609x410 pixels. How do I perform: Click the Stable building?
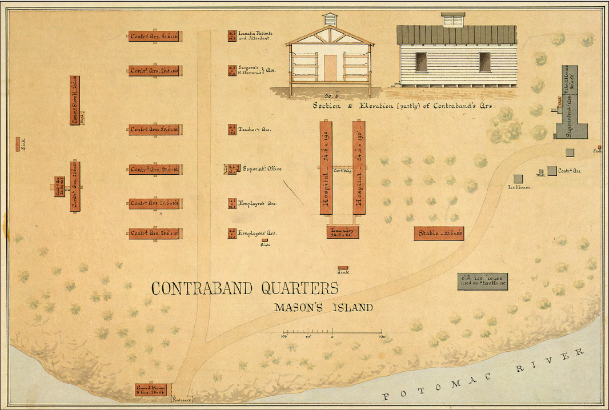(439, 233)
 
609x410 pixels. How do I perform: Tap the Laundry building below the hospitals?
(343, 231)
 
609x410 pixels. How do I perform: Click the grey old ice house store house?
(482, 281)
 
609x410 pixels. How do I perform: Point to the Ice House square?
(518, 179)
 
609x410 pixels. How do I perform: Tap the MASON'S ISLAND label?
(323, 308)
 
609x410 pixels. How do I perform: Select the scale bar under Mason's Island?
(332, 332)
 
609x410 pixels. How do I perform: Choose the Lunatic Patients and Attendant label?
(255, 36)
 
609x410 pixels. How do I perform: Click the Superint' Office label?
(262, 169)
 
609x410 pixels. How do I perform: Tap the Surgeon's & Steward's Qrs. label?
(257, 70)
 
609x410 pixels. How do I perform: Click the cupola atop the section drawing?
(330, 19)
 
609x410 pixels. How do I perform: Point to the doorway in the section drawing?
(330, 67)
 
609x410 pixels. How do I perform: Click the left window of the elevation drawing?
(421, 62)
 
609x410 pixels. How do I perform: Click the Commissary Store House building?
(75, 101)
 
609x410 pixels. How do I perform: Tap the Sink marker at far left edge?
(18, 143)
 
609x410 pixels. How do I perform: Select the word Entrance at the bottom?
(182, 400)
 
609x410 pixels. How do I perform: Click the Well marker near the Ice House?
(541, 171)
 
